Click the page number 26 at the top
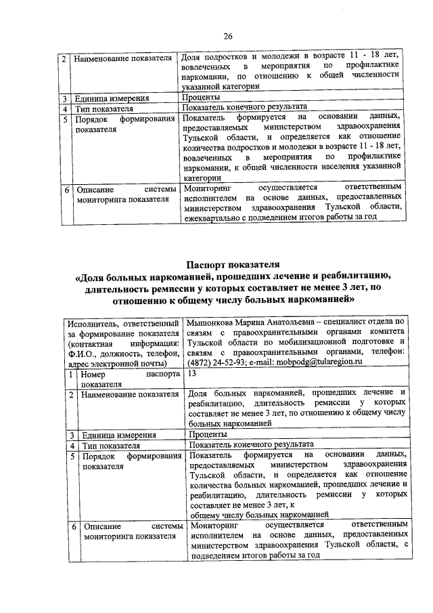click(228, 36)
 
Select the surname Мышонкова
click(214, 322)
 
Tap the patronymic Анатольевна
click(298, 322)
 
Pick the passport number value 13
click(193, 373)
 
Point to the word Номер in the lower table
click(93, 374)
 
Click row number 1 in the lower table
click(71, 374)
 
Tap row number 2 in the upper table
click(62, 58)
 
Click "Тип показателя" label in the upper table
click(104, 108)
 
